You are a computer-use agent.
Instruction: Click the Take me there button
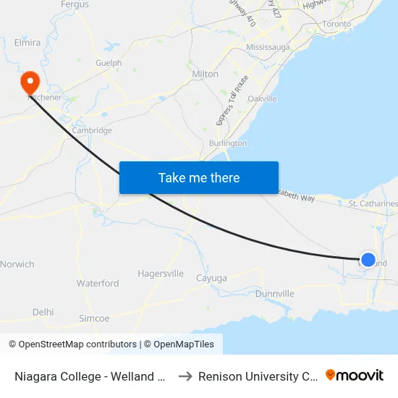(x=199, y=177)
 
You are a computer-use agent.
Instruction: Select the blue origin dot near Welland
(x=368, y=259)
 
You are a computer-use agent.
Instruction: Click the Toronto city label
(x=336, y=24)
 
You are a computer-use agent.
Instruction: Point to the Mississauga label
(x=268, y=47)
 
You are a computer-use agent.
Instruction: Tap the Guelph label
(x=109, y=63)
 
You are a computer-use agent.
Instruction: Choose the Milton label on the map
(x=206, y=74)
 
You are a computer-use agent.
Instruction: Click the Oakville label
(x=262, y=98)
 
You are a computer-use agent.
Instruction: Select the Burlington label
(x=227, y=143)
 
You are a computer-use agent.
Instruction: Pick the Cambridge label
(x=93, y=131)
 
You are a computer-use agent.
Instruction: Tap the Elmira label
(x=27, y=43)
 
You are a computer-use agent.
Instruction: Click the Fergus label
(x=75, y=5)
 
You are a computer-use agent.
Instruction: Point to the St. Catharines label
(x=373, y=204)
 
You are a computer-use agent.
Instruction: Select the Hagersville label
(x=161, y=274)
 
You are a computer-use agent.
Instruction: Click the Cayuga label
(x=211, y=278)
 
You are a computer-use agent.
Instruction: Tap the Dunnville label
(x=275, y=294)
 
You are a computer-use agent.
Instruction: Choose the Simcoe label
(x=94, y=318)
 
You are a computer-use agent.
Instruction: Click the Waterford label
(x=98, y=284)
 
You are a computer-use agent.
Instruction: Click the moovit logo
(x=355, y=376)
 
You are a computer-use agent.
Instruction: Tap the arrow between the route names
(x=185, y=376)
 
